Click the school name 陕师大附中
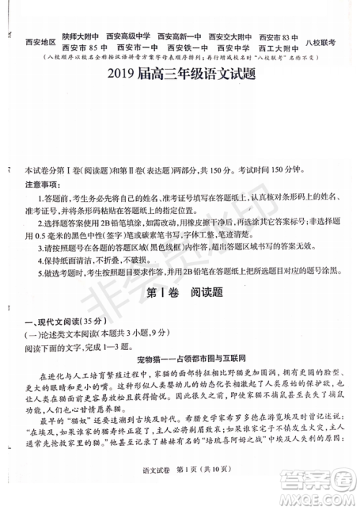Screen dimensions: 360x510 pyautogui.click(x=80, y=37)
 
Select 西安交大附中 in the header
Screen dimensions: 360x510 pyautogui.click(x=230, y=37)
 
